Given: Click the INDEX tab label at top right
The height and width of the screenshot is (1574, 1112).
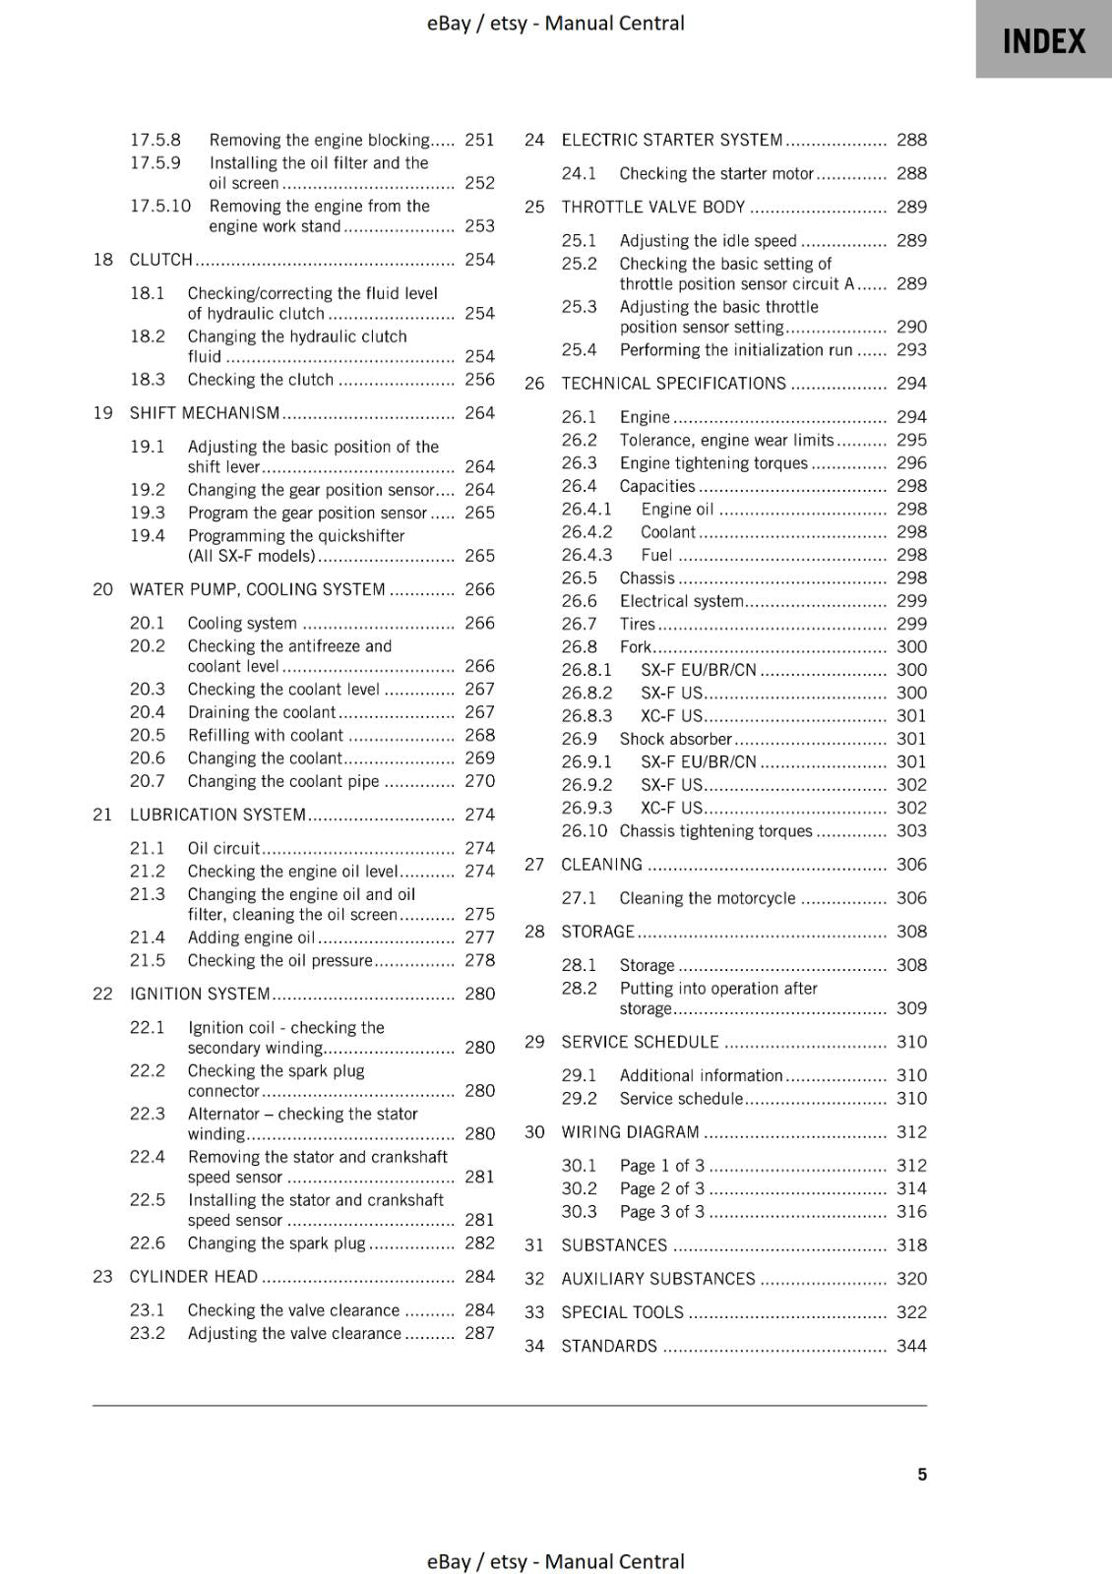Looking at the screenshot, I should click(1043, 41).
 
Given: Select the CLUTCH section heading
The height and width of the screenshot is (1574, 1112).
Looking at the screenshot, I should click(161, 260).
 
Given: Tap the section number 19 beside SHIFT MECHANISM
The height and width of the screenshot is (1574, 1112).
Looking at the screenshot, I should click(102, 413).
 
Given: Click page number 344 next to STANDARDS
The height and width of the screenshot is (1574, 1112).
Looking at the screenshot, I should click(911, 1346).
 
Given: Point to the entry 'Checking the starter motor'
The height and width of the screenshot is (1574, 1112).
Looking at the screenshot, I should click(716, 174).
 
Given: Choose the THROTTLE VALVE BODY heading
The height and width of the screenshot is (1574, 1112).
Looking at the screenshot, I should click(652, 208).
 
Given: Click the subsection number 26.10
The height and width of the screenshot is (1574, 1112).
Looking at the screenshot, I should click(584, 831).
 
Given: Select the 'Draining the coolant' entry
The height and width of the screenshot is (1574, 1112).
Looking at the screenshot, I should click(262, 712).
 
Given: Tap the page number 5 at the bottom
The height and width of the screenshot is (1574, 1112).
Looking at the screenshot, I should click(922, 1475).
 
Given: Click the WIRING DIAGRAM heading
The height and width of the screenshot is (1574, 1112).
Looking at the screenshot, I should click(630, 1132).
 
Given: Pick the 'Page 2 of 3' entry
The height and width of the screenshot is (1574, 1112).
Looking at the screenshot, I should click(662, 1188).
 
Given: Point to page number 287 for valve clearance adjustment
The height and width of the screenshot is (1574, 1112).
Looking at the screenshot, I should click(479, 1333).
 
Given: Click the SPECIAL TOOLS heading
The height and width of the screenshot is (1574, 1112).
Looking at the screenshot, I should click(622, 1312).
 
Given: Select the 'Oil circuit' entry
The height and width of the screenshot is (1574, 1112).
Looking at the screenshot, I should click(223, 848).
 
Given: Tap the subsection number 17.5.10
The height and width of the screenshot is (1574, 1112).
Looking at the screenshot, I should click(160, 207).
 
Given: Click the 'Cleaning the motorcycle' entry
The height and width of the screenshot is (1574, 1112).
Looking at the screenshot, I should click(707, 898).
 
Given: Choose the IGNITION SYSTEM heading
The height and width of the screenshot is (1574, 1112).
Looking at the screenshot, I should click(200, 994).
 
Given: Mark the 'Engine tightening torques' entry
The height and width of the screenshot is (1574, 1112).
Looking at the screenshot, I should click(713, 463).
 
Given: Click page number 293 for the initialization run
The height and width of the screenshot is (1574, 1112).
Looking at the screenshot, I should click(911, 350).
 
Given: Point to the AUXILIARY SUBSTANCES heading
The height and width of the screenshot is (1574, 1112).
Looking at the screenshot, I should click(657, 1279).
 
